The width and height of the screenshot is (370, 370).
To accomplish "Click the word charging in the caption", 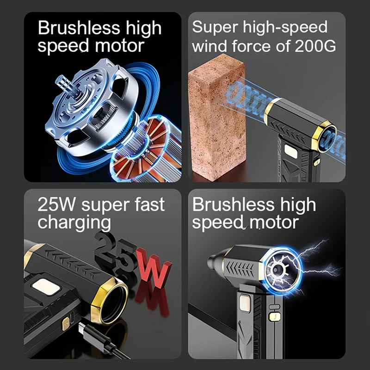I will [74, 223].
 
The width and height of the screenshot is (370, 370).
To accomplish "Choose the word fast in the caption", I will [148, 204].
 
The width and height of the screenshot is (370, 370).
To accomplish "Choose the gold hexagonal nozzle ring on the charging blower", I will [110, 301].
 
